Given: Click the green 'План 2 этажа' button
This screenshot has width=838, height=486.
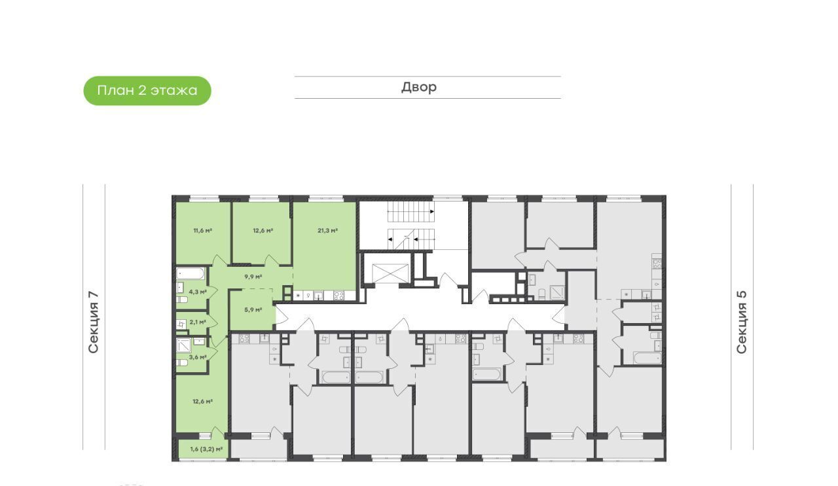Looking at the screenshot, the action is pyautogui.click(x=147, y=90).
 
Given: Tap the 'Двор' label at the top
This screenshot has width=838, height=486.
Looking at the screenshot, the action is pyautogui.click(x=419, y=87).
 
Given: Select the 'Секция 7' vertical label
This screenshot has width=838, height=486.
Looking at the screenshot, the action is pyautogui.click(x=93, y=322).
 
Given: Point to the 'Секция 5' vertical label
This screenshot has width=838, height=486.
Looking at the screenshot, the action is pyautogui.click(x=741, y=322).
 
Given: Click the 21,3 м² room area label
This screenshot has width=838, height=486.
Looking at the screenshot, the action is pyautogui.click(x=328, y=230).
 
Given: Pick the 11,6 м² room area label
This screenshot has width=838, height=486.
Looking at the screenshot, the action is pyautogui.click(x=203, y=230).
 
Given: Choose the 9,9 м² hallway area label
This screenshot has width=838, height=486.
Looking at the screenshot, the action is pyautogui.click(x=253, y=277).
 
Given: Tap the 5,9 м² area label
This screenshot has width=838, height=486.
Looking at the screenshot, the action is pyautogui.click(x=253, y=309).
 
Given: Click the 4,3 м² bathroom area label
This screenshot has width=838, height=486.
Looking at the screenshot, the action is pyautogui.click(x=198, y=292).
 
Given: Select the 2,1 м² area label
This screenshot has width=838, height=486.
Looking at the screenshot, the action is pyautogui.click(x=198, y=322).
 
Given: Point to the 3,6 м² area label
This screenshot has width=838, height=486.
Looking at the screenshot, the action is pyautogui.click(x=198, y=357).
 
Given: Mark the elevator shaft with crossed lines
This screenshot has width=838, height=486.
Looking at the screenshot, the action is pyautogui.click(x=391, y=273).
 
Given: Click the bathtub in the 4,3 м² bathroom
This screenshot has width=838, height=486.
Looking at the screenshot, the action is pyautogui.click(x=191, y=273).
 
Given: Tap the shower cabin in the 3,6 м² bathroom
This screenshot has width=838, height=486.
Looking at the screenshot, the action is pyautogui.click(x=184, y=345).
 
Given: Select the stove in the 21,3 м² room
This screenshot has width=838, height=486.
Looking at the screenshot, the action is pyautogui.click(x=339, y=296).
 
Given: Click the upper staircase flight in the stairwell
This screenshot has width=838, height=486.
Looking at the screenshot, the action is pyautogui.click(x=410, y=211).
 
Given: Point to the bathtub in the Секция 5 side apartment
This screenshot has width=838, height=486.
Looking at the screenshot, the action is pyautogui.click(x=647, y=357).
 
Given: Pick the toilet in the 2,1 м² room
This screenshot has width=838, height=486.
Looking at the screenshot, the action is pyautogui.click(x=181, y=324).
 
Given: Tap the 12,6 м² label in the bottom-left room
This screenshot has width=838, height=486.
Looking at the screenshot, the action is pyautogui.click(x=203, y=402).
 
